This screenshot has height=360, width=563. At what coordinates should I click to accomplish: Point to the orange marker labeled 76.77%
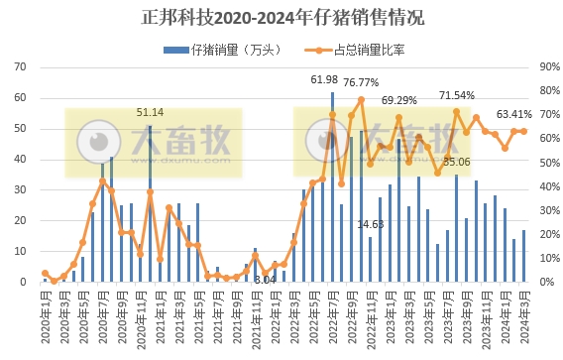click(x=361, y=100)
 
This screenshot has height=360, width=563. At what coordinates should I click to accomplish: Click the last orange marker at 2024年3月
click(x=524, y=131)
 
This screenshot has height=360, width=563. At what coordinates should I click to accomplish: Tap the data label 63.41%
click(x=512, y=113)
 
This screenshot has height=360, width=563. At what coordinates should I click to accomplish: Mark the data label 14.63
click(x=370, y=224)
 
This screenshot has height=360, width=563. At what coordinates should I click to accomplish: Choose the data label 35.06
click(x=456, y=161)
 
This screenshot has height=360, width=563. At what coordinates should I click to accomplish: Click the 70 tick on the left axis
click(x=20, y=67)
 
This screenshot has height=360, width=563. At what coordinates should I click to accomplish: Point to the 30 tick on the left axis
click(x=20, y=190)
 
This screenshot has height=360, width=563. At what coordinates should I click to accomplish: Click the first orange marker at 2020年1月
click(x=45, y=273)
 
